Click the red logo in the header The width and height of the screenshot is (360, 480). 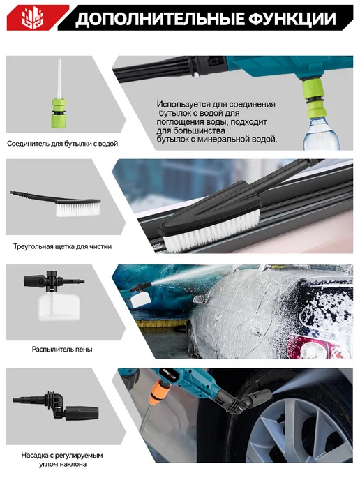[33, 17]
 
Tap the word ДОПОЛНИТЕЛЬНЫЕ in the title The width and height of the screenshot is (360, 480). [160, 19]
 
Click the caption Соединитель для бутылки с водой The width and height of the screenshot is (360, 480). [63, 144]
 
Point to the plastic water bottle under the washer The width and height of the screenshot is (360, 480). [321, 133]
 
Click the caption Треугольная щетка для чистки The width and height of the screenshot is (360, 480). [63, 246]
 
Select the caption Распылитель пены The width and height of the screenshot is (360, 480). [62, 349]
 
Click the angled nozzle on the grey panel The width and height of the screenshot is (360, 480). [56, 406]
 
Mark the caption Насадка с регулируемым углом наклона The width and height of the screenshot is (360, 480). [62, 460]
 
